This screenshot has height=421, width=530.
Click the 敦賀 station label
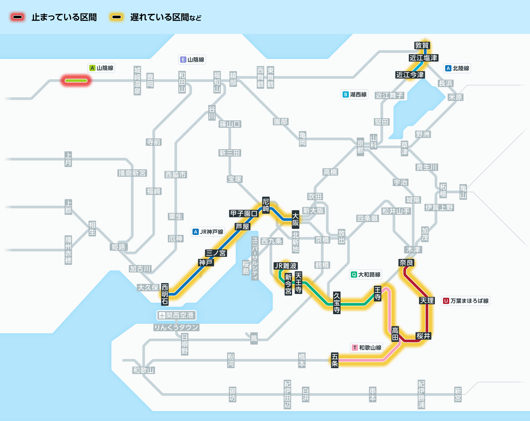[x=422, y=45]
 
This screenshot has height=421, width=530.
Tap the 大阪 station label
[x=295, y=219]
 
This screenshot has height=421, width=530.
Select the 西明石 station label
[x=165, y=294]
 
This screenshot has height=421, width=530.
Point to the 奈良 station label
[x=406, y=263]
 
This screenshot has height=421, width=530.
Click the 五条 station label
[x=335, y=360]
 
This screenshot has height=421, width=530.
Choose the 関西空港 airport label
[x=176, y=315]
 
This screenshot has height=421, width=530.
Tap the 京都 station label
[x=360, y=147]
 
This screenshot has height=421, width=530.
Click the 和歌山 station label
[x=143, y=370]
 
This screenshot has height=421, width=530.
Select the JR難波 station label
[x=285, y=266]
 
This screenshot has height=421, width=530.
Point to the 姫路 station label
[x=118, y=247]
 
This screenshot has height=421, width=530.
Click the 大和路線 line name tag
[x=366, y=275]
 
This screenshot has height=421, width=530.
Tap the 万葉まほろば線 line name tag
[x=466, y=301]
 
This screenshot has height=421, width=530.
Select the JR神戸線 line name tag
[x=208, y=232]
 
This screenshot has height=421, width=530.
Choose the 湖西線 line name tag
[x=355, y=94]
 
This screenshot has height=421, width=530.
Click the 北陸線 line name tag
[x=457, y=68]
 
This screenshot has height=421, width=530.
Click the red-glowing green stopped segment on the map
[x=76, y=81]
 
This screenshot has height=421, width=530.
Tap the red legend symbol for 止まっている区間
[x=18, y=17]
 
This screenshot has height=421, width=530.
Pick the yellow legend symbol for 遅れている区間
[x=117, y=17]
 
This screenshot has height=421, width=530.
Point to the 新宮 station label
[x=458, y=394]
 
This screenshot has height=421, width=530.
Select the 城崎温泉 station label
[x=137, y=81]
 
